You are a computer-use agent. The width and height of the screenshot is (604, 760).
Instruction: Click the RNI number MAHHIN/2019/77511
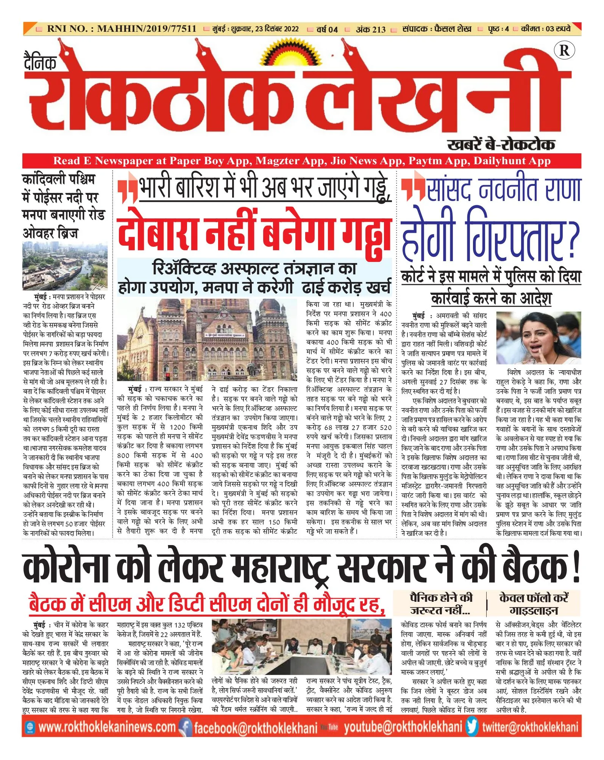click(122, 29)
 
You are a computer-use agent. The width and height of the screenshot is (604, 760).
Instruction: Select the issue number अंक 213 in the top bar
click(370, 29)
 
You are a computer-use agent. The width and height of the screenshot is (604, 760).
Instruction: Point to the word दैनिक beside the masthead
click(40, 62)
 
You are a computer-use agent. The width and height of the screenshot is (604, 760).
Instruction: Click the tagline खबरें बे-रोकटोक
click(501, 144)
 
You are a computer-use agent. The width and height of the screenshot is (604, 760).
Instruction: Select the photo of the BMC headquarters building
click(207, 340)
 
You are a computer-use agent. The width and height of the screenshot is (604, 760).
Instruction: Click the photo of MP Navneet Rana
click(538, 338)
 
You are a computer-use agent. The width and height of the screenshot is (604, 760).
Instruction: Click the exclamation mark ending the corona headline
click(576, 568)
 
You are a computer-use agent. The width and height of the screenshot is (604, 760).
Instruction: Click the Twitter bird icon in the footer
click(472, 727)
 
